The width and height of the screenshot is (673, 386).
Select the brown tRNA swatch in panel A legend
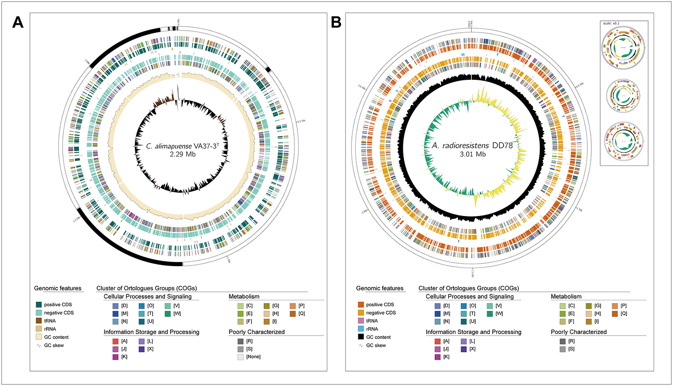coord(39,321)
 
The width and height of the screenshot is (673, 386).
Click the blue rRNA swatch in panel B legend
coord(361,329)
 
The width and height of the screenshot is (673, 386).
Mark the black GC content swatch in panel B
coord(361,337)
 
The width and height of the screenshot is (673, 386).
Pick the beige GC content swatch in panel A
coord(39,337)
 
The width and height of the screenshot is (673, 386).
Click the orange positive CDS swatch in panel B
coord(361,304)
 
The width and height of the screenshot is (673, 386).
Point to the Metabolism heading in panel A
coord(244,296)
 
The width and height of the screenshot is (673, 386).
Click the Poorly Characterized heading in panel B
coord(579,331)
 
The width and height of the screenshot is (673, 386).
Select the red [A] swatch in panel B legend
coord(437,341)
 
